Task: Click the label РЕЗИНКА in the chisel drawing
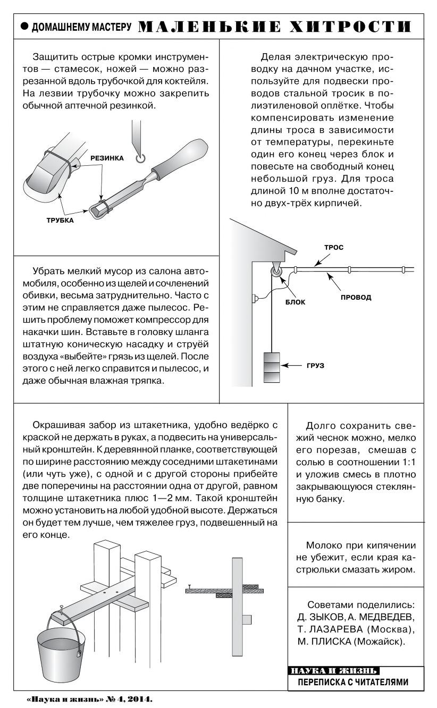107,158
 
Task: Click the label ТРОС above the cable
334,247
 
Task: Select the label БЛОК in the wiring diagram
299,302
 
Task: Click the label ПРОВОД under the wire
356,297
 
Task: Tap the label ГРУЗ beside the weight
315,366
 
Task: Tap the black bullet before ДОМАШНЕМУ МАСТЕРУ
23,27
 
